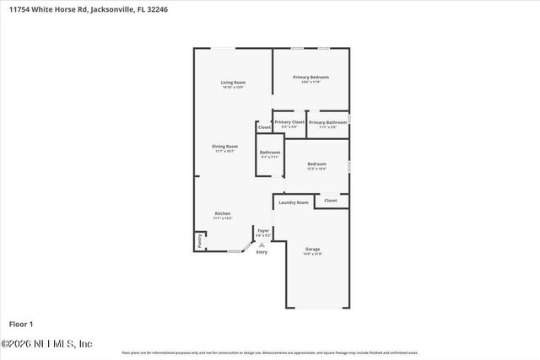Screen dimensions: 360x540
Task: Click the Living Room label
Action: coord(233,82)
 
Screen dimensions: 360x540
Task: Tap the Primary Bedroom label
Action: coord(310,77)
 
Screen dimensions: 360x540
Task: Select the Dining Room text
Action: coord(224,146)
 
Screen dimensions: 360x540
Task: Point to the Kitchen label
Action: coord(222,213)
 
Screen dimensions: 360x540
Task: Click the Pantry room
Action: coord(200,240)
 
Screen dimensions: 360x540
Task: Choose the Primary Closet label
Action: coord(289,122)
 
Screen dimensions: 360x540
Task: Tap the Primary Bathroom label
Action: coord(327,122)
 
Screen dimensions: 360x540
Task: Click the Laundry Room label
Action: coord(293,202)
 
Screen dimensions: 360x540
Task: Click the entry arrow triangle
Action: coord(262,244)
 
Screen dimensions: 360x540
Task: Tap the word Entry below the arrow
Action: coord(262,252)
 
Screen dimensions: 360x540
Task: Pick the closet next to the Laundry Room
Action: coord(330,201)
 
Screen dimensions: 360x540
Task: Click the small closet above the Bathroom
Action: coord(264,127)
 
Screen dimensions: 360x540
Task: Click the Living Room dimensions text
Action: coord(233,87)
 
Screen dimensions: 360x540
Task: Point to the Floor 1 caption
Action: coord(20,324)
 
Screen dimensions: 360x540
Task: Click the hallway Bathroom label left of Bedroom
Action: coord(270,152)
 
